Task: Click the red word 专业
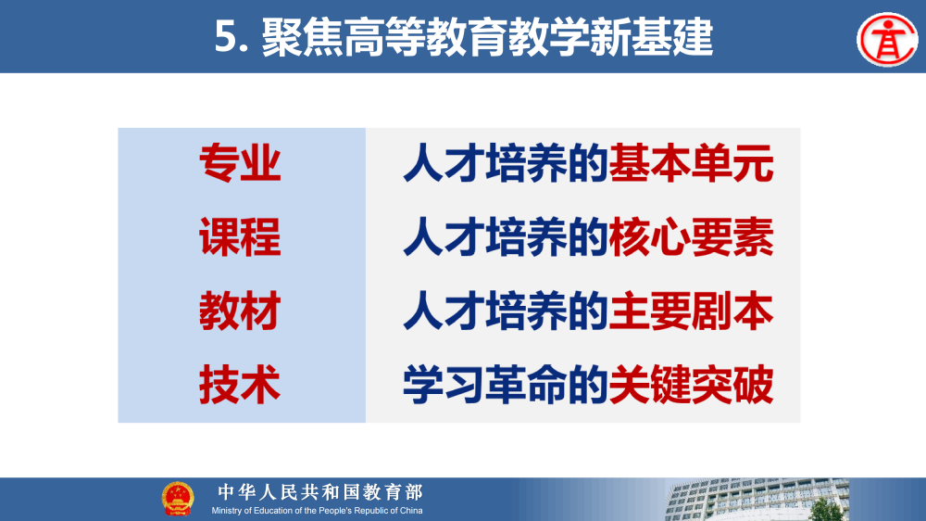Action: pyautogui.click(x=240, y=165)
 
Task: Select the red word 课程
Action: pyautogui.click(x=240, y=238)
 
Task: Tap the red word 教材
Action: pyautogui.click(x=240, y=311)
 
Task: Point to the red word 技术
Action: pyautogui.click(x=240, y=385)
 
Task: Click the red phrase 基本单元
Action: pyautogui.click(x=691, y=165)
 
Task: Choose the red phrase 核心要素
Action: pyautogui.click(x=691, y=238)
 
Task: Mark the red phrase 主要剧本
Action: pyautogui.click(x=691, y=311)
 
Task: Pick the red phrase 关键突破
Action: pyautogui.click(x=691, y=385)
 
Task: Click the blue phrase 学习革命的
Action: pyautogui.click(x=506, y=385)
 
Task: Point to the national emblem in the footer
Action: pyautogui.click(x=178, y=499)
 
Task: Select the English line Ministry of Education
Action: pyautogui.click(x=317, y=511)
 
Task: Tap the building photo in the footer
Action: pyautogui.click(x=787, y=502)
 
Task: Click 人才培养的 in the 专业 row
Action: pyautogui.click(x=506, y=165)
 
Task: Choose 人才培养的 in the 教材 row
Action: pyautogui.click(x=506, y=311)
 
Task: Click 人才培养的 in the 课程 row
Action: pyautogui.click(x=506, y=238)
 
